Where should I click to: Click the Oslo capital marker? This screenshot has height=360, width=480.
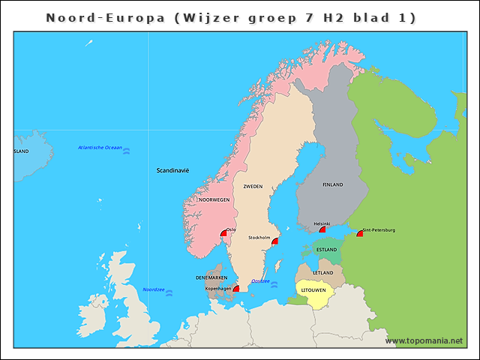coord(223,234)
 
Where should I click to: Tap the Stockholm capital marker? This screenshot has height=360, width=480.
coord(275,241)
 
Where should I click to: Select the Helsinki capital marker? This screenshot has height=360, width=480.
coord(322,230)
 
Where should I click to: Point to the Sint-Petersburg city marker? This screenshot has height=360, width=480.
coord(360,234)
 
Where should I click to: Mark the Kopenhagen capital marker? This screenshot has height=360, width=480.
coord(236,289)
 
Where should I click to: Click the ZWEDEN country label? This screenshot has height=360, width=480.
coord(253,185)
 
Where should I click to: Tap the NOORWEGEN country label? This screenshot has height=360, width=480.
coord(214,200)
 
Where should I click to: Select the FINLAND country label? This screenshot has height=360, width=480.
coord(332,184)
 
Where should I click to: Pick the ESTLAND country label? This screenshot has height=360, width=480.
coord(326,249)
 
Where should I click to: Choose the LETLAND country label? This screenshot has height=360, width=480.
coord(323,272)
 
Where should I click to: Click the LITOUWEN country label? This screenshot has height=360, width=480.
coord(313,289)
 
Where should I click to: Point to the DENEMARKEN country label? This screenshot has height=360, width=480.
coord(211,277)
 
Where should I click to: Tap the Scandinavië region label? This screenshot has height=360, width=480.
coord(172,170)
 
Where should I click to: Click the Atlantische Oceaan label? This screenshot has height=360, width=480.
coord(100,148)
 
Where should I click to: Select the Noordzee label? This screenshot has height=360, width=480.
coord(154,289)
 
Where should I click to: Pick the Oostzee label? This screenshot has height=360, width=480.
coord(260,281)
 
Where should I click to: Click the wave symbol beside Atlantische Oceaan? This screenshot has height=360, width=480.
coord(127,151)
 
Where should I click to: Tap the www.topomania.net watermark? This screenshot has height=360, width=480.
coord(424,341)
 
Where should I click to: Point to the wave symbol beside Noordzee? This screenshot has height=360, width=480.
coord(169,293)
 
